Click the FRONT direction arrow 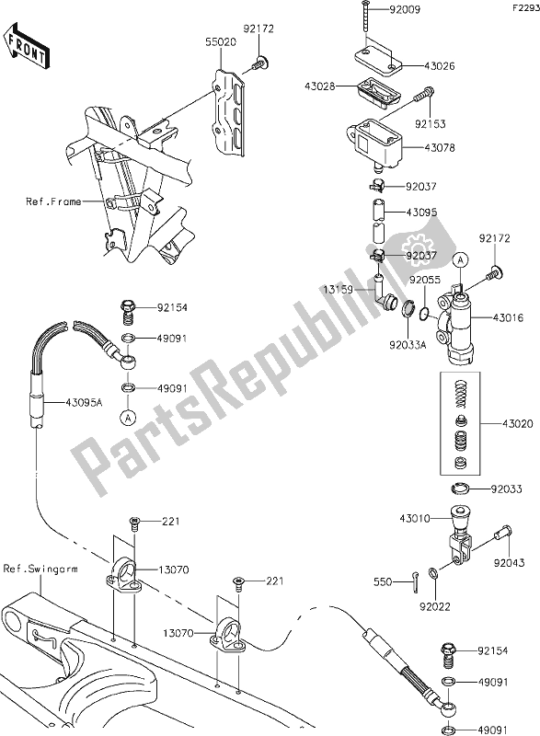point(25,45)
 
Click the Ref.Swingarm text point(40,569)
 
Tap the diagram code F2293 point(521,7)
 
